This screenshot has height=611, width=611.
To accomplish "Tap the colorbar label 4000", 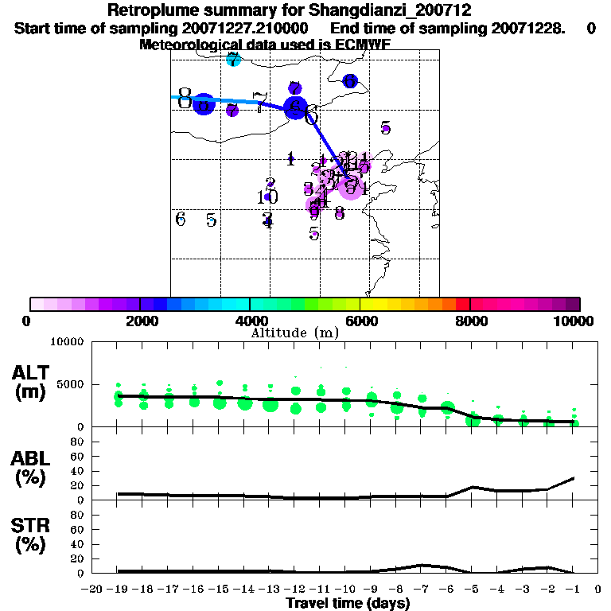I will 250,321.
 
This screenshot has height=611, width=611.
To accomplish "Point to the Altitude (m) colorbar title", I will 294,333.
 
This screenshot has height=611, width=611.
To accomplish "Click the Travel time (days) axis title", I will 348,604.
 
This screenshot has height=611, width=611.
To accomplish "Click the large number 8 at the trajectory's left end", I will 185,99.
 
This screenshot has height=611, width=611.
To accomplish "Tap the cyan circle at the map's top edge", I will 233,60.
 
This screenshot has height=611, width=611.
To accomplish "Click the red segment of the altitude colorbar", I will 463,304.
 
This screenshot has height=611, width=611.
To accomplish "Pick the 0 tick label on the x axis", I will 597,590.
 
